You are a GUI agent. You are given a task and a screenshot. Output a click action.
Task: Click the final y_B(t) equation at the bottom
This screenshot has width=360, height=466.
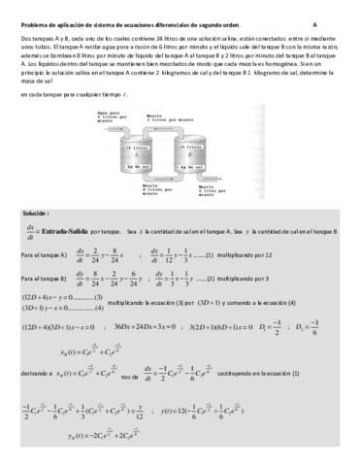pyautogui.click(x=97, y=449)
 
